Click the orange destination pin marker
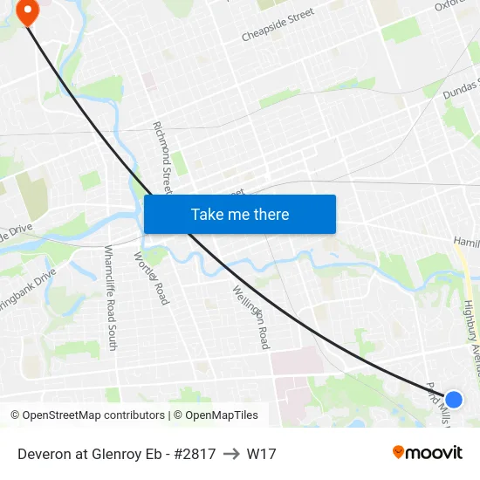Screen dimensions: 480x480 pos(28,12)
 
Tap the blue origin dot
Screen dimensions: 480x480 pos(453,400)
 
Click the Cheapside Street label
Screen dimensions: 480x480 pos(278,26)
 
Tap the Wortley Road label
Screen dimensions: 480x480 pos(151,278)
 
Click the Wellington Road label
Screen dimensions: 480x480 pos(251,317)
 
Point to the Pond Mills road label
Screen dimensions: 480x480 pos(438,402)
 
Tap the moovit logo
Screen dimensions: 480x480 pos(427,452)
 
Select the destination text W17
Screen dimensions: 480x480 pos(261,454)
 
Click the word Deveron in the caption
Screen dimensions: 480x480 pos(43,454)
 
